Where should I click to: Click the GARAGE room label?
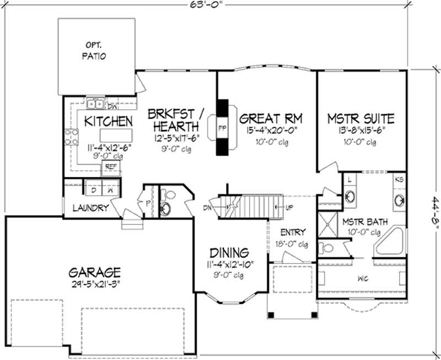click(x=95, y=272)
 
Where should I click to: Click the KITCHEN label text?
click(x=108, y=121)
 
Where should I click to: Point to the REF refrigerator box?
click(x=111, y=165)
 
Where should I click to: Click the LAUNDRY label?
click(x=90, y=208)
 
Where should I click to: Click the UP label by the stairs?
click(x=290, y=207)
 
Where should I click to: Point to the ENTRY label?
click(x=293, y=232)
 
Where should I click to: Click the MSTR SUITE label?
click(x=361, y=118)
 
